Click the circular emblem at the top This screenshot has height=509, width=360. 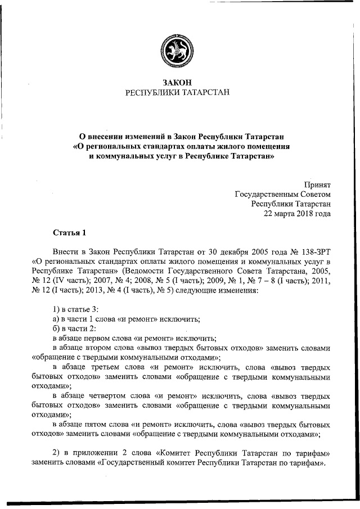pos(177,51)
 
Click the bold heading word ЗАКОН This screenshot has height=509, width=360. pos(177,82)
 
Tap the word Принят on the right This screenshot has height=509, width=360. pos(317,184)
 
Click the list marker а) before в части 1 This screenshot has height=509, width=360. pos(55,318)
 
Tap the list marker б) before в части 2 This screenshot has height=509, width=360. pos(55,328)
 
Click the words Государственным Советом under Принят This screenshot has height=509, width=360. pos(282,194)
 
